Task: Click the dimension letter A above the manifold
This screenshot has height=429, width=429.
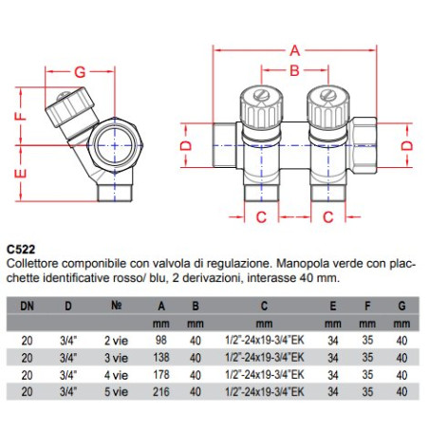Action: [x=294, y=50]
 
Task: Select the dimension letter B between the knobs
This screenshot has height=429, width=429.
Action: [x=294, y=70]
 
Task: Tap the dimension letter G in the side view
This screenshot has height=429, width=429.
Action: [x=80, y=72]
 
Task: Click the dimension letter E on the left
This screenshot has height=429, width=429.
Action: [x=21, y=174]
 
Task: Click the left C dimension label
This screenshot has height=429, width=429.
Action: [x=261, y=217]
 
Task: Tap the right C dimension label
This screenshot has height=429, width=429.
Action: [x=328, y=217]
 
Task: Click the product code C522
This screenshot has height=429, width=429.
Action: [x=21, y=250]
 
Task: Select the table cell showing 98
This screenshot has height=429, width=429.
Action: [x=161, y=340]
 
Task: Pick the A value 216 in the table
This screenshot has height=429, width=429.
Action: [x=161, y=392]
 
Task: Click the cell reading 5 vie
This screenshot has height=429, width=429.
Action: [x=116, y=392]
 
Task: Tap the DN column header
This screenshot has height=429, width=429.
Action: [x=27, y=306]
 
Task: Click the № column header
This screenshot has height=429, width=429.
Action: [x=117, y=306]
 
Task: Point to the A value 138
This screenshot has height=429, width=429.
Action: [x=161, y=358]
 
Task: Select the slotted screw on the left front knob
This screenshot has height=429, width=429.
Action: [x=261, y=94]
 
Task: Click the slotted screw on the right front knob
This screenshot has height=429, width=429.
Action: [x=328, y=94]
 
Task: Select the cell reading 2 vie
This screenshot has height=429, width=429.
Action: [x=116, y=341]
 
